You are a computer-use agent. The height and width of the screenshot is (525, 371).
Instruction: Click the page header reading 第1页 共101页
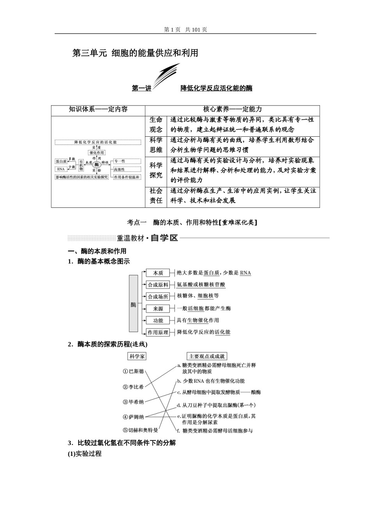(x=185, y=30)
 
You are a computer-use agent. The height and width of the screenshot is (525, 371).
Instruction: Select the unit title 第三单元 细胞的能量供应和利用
(x=135, y=53)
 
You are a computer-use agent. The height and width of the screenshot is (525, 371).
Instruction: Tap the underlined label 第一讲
(x=141, y=88)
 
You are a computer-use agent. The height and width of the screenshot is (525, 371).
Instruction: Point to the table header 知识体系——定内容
(x=98, y=109)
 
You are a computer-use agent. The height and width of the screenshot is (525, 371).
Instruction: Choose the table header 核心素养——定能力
(x=232, y=109)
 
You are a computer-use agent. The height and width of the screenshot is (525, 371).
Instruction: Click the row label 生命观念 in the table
(x=156, y=125)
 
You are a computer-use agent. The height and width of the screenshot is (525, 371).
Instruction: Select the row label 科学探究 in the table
(x=156, y=170)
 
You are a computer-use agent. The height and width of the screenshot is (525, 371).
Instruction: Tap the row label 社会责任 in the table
(x=156, y=196)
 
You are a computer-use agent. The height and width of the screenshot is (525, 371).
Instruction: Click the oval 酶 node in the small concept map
(x=96, y=165)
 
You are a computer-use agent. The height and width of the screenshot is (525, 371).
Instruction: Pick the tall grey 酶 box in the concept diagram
(x=134, y=304)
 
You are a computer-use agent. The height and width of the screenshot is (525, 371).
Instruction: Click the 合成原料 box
(x=158, y=285)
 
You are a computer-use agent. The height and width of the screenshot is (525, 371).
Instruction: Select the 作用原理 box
(x=158, y=332)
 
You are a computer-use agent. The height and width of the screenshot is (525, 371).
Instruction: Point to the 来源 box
(x=158, y=309)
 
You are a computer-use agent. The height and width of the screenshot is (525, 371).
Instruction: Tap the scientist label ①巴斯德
(x=134, y=371)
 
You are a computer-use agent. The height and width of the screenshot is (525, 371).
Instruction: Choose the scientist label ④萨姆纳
(x=134, y=417)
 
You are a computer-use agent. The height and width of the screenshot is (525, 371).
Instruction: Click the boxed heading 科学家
(x=137, y=356)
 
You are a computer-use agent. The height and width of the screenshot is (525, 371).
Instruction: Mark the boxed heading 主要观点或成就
(x=207, y=356)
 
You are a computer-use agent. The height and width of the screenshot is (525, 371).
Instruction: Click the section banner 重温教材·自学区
(x=148, y=238)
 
